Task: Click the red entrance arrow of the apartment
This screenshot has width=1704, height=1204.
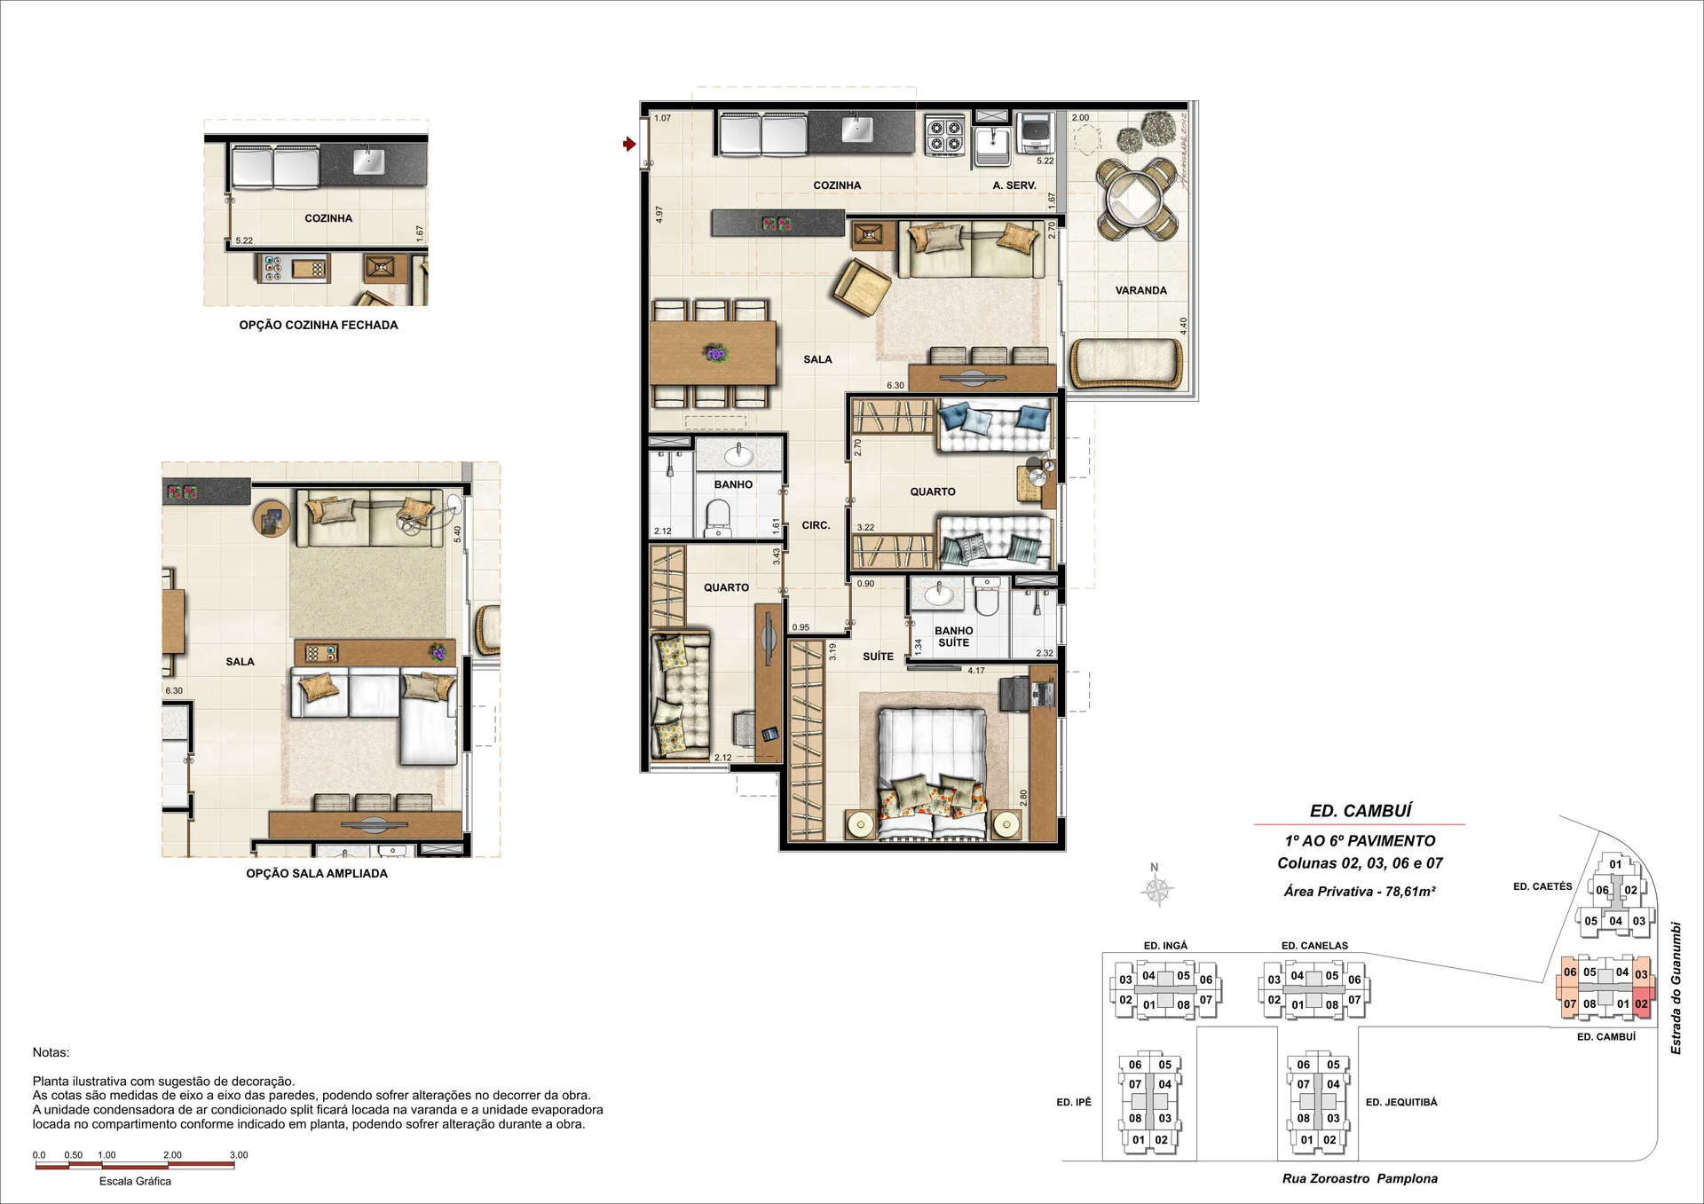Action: [x=629, y=144]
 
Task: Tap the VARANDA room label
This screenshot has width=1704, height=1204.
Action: [x=1140, y=290]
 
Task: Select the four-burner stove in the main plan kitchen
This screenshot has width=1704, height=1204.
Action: [x=944, y=135]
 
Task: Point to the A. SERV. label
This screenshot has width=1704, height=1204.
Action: [x=1014, y=185]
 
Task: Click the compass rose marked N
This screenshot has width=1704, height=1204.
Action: [x=1157, y=887]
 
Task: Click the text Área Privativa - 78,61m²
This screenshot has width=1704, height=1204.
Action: [x=1360, y=891]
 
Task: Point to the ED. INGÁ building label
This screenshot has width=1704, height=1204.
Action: [x=1165, y=946]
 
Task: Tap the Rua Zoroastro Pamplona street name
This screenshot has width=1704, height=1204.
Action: [x=1360, y=1178]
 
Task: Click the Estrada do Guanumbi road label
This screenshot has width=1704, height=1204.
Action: [x=1676, y=988]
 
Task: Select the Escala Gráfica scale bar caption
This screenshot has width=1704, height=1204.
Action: [x=135, y=1181]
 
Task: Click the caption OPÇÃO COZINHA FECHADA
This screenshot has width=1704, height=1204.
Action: [x=319, y=325]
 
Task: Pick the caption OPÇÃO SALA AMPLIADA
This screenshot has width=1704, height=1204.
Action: [x=317, y=873]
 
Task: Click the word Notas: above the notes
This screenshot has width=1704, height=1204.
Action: [x=51, y=1052]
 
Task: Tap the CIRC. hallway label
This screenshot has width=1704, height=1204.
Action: [x=816, y=525]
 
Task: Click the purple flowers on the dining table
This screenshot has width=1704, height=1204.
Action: [x=716, y=353]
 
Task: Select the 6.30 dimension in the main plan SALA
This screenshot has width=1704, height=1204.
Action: [x=895, y=385]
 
